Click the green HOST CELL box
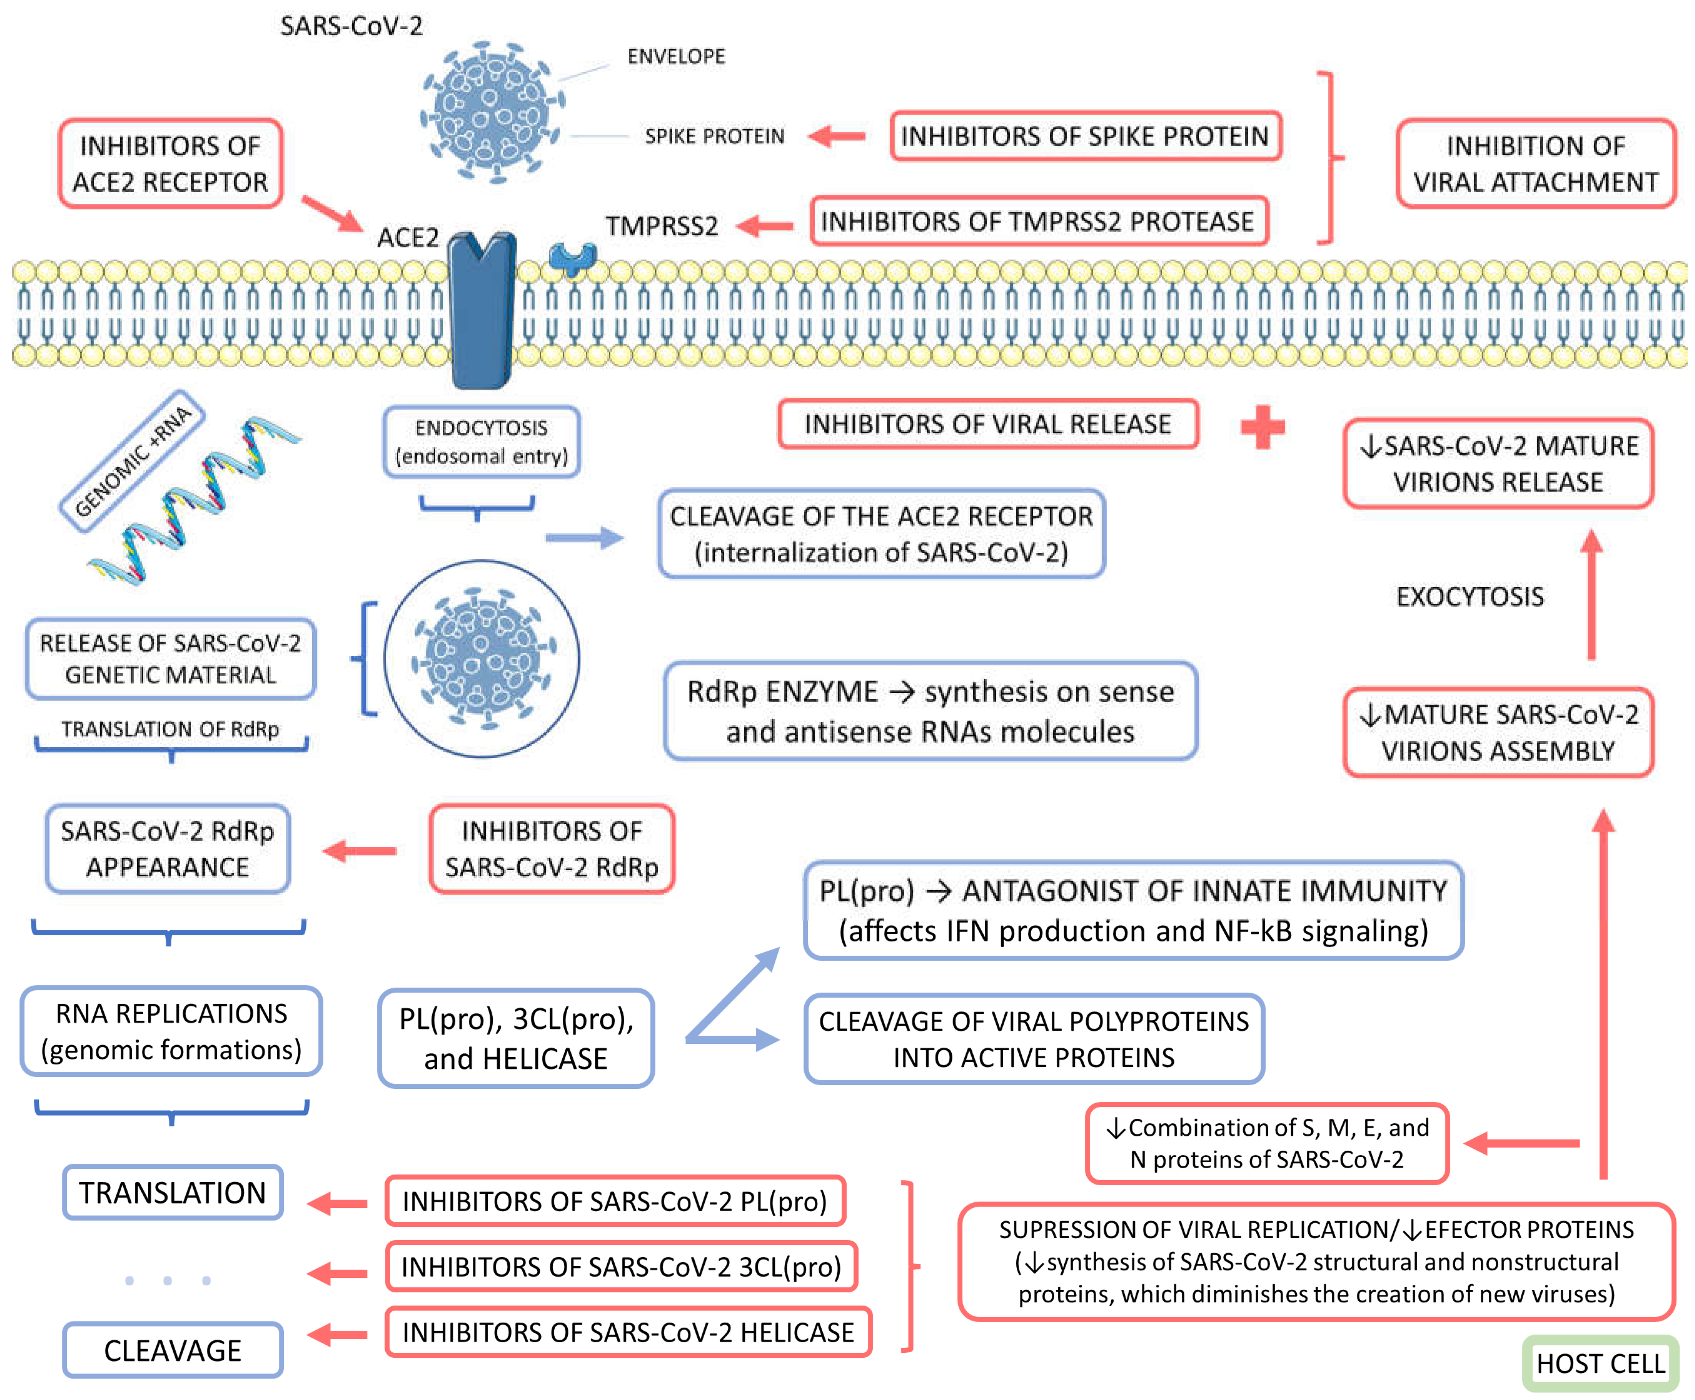[x=1600, y=1363]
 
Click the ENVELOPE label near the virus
[x=676, y=56]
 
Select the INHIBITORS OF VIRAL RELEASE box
[x=988, y=424]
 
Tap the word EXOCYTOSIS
[x=1469, y=597]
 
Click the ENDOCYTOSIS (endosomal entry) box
[x=481, y=442]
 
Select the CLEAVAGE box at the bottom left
[x=172, y=1350]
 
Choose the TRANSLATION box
[x=172, y=1192]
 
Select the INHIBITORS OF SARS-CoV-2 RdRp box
[x=552, y=848]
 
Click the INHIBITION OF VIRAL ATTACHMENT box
[x=1535, y=164]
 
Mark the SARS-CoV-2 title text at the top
[x=351, y=26]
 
